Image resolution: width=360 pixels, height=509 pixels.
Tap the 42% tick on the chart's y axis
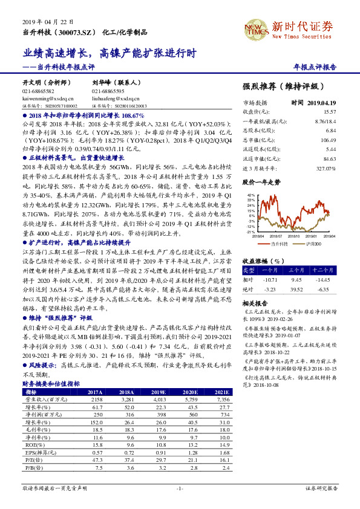click(250, 195)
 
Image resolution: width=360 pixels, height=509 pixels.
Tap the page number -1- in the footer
click(179, 487)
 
